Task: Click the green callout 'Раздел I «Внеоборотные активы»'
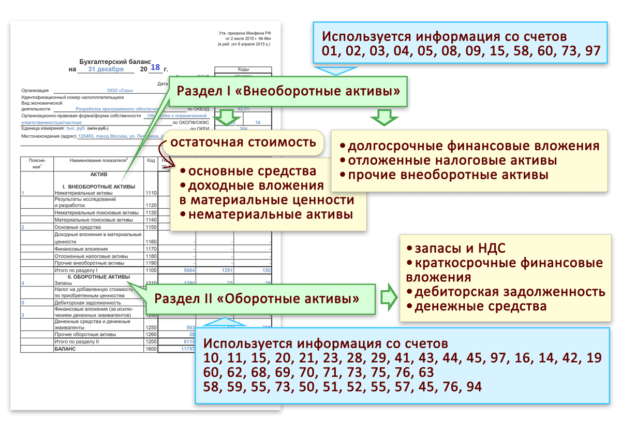(x=288, y=92)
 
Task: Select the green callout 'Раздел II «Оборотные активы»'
(x=257, y=299)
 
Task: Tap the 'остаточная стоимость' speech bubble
(x=243, y=142)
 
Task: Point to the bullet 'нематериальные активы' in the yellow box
(x=267, y=214)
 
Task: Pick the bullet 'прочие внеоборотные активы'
(x=444, y=175)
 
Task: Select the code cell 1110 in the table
(x=151, y=193)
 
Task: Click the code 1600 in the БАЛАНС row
(x=151, y=349)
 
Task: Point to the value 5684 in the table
(x=189, y=270)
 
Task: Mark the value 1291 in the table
(x=227, y=270)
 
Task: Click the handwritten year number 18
(x=155, y=67)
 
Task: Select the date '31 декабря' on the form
(x=106, y=69)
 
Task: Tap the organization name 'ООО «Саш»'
(x=120, y=90)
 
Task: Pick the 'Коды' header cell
(x=243, y=69)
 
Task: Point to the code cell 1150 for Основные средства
(x=151, y=227)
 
